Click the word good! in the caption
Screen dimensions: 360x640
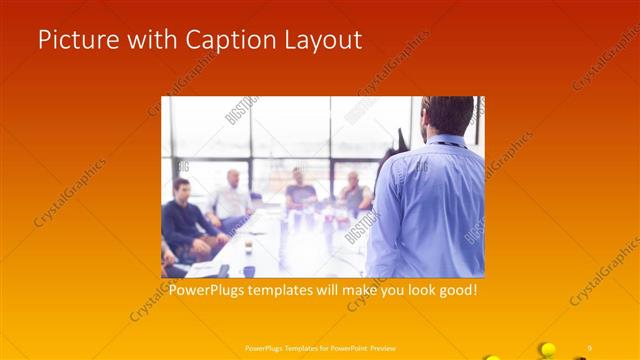pos(454,291)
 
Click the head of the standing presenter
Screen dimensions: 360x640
pos(446,116)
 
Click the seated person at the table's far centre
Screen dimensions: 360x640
pos(299,189)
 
